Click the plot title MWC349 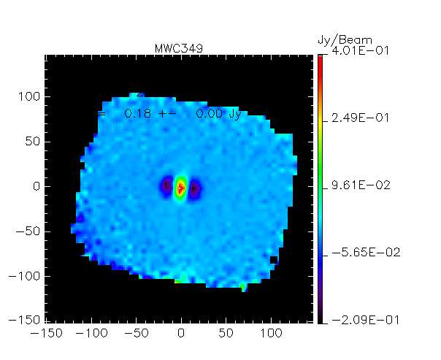[179, 48]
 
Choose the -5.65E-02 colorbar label [355, 253]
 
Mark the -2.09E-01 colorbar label [355, 321]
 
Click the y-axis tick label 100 [30, 96]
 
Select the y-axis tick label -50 [30, 231]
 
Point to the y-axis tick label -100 [27, 277]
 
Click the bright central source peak [180, 187]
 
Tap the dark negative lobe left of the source [167, 187]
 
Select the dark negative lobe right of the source [195, 188]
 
